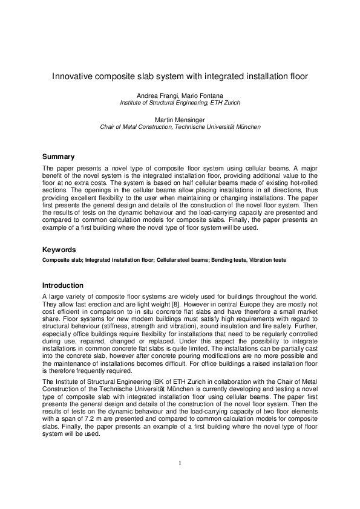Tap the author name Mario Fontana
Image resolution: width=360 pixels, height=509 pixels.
[x=201, y=95]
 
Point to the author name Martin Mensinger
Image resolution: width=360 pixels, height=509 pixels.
[x=180, y=120]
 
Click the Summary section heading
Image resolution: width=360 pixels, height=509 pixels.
[x=58, y=157]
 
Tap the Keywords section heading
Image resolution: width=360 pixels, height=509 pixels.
[x=59, y=250]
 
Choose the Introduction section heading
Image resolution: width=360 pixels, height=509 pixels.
[x=63, y=285]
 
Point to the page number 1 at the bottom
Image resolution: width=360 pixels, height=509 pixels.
[x=180, y=463]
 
